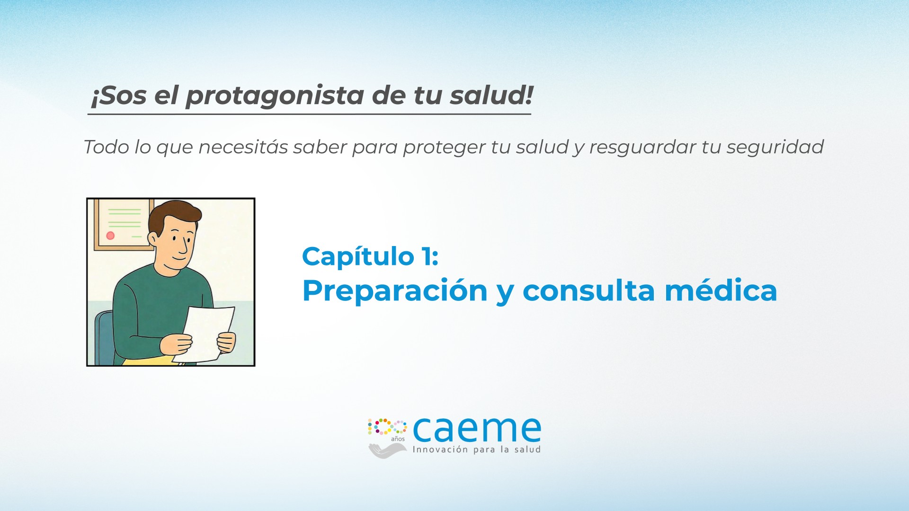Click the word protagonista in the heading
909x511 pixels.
coord(275,96)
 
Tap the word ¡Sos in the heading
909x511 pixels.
coord(118,96)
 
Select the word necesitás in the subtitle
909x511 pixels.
coord(243,147)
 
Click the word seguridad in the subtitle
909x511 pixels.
coord(775,148)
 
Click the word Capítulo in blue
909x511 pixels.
coord(358,257)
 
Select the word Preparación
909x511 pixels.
coord(395,291)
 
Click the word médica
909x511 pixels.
coord(721,290)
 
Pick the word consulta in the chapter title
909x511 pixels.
coord(588,290)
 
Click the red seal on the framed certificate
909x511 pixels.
coord(110,235)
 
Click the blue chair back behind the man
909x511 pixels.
coord(104,336)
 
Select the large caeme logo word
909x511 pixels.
coord(477,429)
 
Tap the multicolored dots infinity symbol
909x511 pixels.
coord(387,427)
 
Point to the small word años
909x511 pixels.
coord(398,439)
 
